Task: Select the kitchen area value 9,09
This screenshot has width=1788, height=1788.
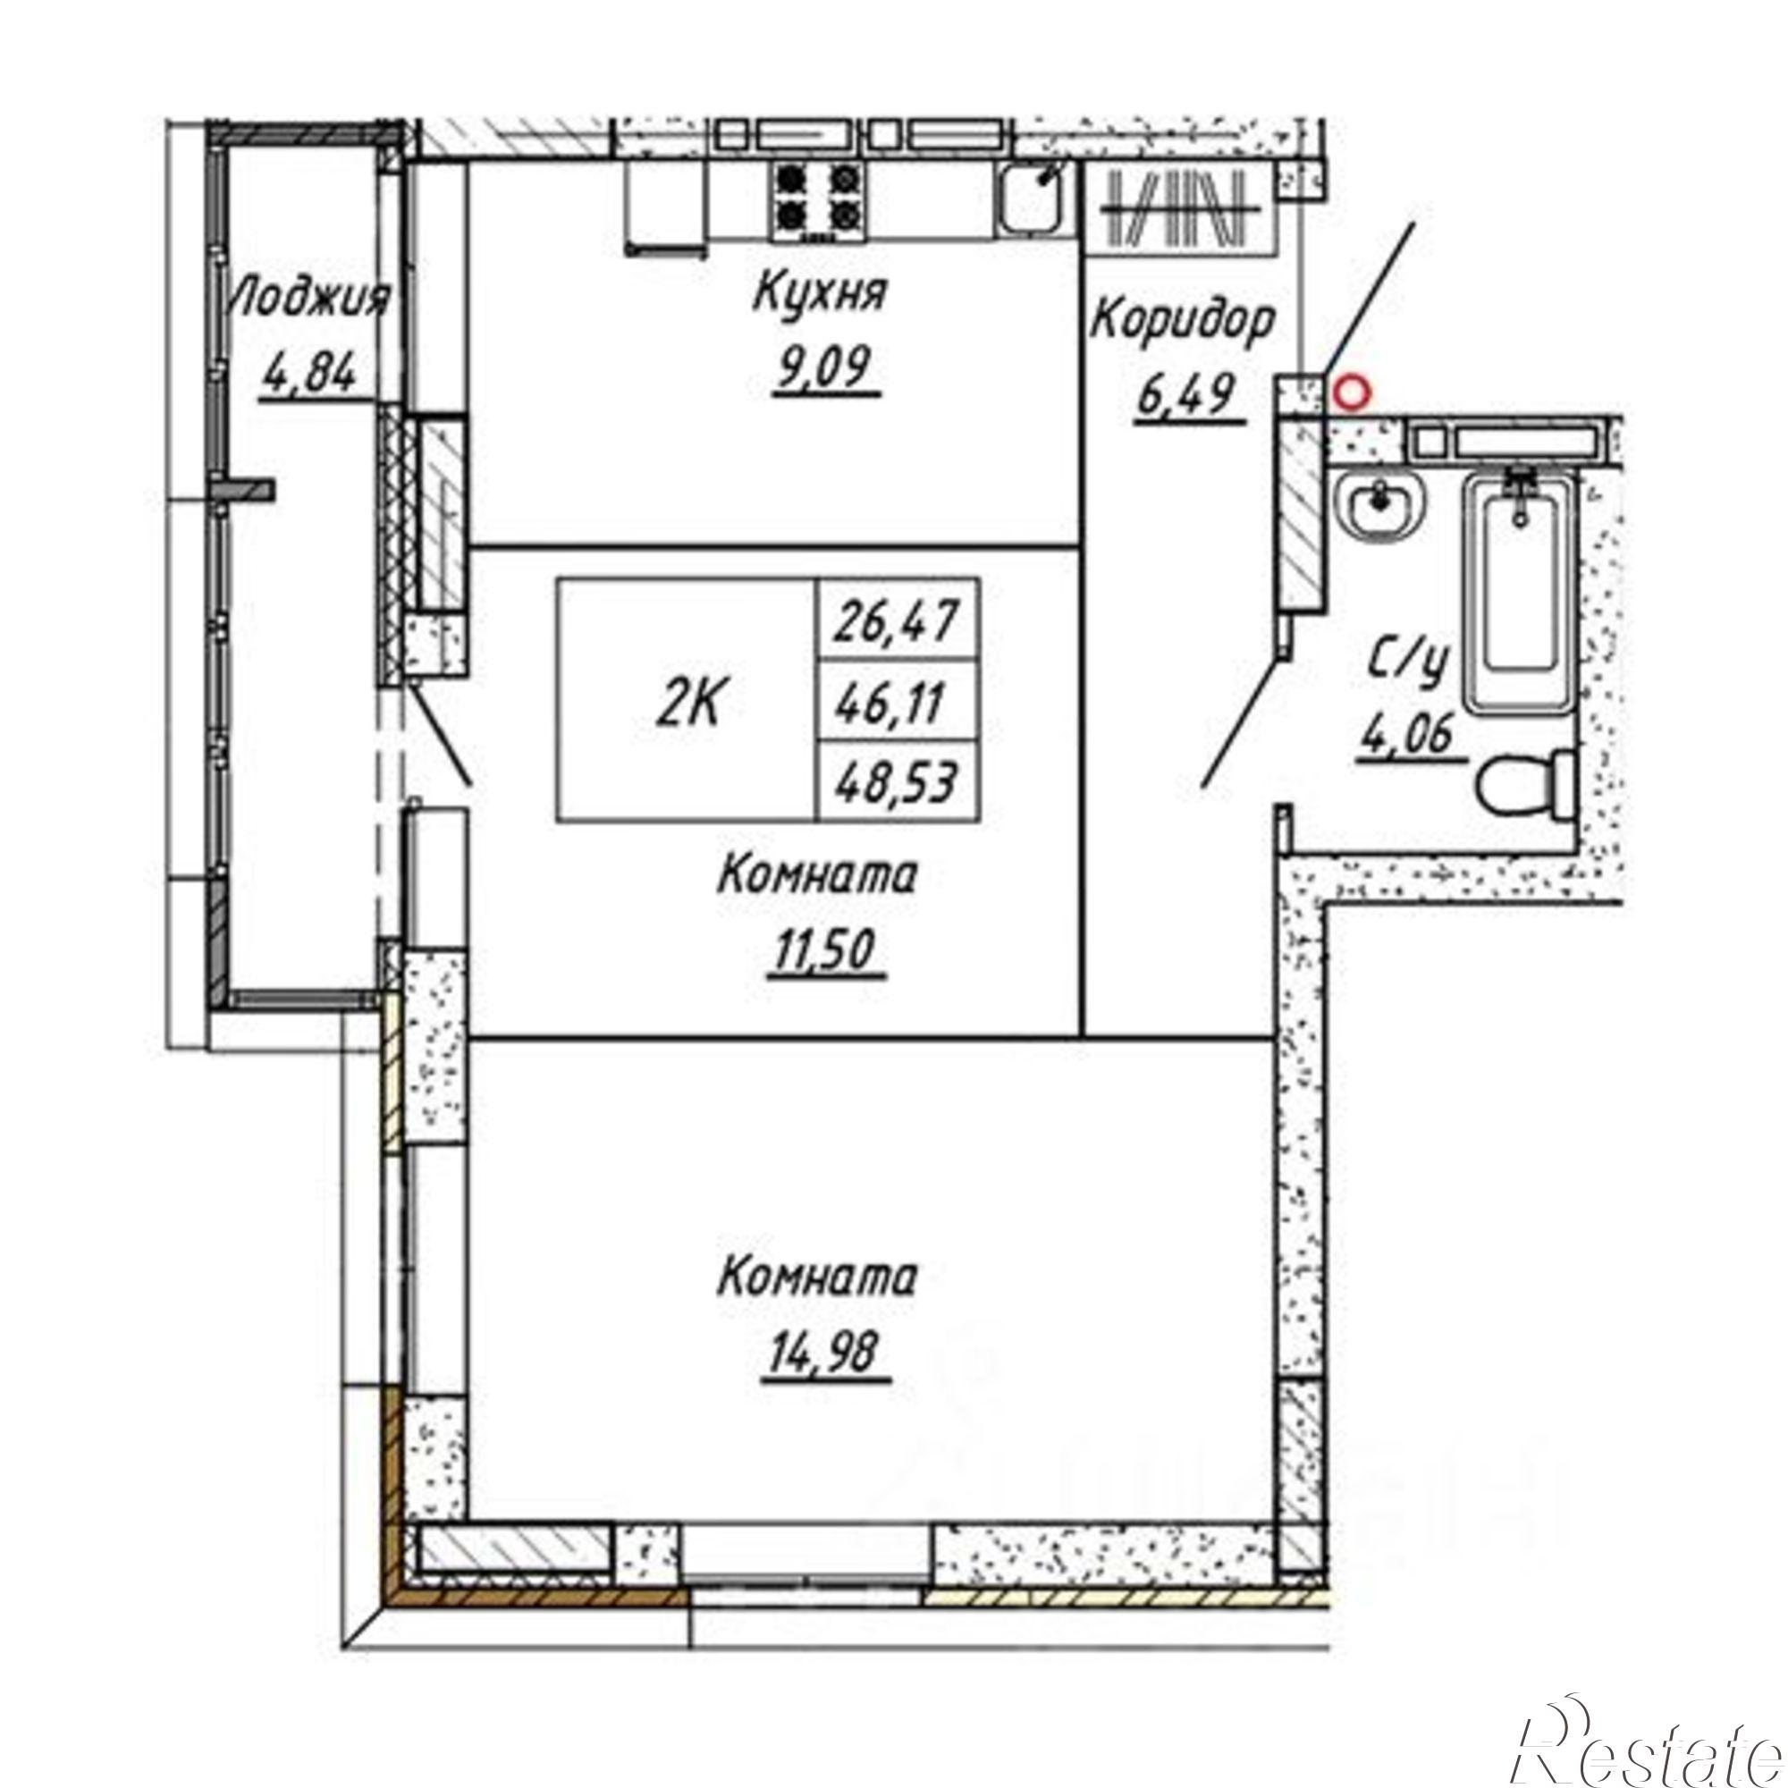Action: coord(822,369)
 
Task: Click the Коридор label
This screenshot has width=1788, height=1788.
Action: coord(1184,323)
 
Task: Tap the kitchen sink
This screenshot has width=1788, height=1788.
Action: coord(1031,197)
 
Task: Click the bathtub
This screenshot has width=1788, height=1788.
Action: coord(1519,593)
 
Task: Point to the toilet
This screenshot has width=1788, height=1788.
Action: coord(1527,784)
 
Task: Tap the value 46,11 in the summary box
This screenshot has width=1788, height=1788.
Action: coord(890,707)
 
